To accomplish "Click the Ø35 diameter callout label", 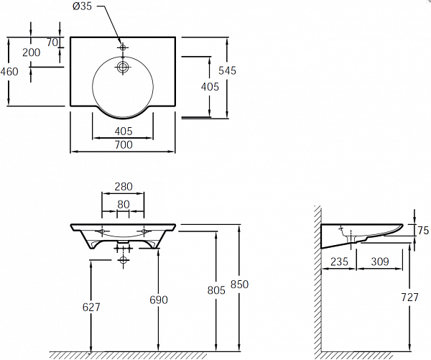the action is pyautogui.click(x=82, y=6).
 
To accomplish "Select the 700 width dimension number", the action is pyautogui.click(x=124, y=144).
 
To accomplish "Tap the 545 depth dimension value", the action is pyautogui.click(x=227, y=70).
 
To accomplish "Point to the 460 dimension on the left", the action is pyautogui.click(x=9, y=72).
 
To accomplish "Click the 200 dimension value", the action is pyautogui.click(x=32, y=52).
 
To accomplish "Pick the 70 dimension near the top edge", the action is pyautogui.click(x=52, y=42).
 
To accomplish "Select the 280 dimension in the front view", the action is pyautogui.click(x=124, y=187).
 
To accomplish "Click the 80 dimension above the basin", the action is pyautogui.click(x=124, y=204).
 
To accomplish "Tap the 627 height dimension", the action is pyautogui.click(x=91, y=308).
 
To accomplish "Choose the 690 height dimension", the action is pyautogui.click(x=159, y=300).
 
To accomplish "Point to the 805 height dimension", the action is pyautogui.click(x=216, y=290).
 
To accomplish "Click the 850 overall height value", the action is pyautogui.click(x=239, y=284).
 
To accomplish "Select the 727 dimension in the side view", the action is pyautogui.click(x=410, y=297).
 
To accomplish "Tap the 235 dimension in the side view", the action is pyautogui.click(x=339, y=262).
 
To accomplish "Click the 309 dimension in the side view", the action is pyautogui.click(x=380, y=262).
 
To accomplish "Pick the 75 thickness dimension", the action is pyautogui.click(x=423, y=231).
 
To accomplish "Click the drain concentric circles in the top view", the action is pyautogui.click(x=123, y=67).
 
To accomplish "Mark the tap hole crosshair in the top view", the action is pyautogui.click(x=123, y=47).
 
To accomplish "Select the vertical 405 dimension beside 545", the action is pyautogui.click(x=210, y=87).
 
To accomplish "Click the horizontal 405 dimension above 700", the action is pyautogui.click(x=124, y=131).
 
